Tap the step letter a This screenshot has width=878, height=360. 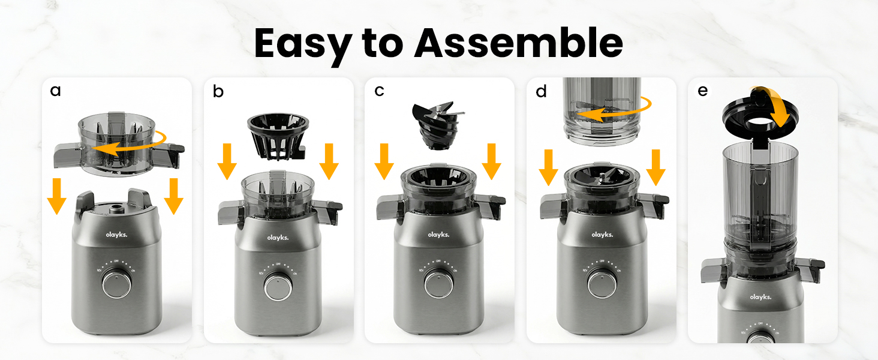[56, 91]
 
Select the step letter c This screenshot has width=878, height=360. [379, 91]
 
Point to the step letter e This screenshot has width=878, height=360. [703, 91]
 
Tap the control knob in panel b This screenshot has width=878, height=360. [278, 286]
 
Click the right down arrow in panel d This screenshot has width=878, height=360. [655, 167]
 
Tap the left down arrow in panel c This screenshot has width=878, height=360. [384, 161]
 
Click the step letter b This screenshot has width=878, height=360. [218, 91]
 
